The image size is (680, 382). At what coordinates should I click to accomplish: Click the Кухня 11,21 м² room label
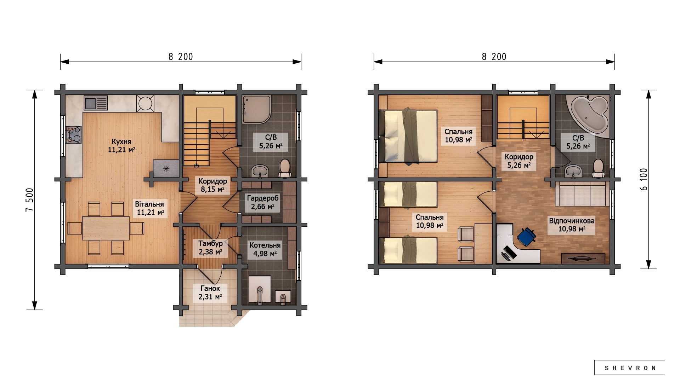coord(121,145)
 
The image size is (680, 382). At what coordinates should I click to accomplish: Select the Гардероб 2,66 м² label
coord(262,202)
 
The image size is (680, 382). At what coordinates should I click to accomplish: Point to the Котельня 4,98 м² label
coord(265,249)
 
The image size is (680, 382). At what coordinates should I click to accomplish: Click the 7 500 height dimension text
coord(30,200)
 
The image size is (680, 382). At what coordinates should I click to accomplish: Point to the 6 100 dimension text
coord(644,179)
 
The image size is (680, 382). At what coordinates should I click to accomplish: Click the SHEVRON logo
coord(629,368)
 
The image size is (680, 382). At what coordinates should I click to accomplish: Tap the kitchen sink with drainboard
coord(96,103)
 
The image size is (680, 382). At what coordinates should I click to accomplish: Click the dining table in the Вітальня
coord(106,228)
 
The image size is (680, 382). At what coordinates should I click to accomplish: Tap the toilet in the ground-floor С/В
coord(285,168)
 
